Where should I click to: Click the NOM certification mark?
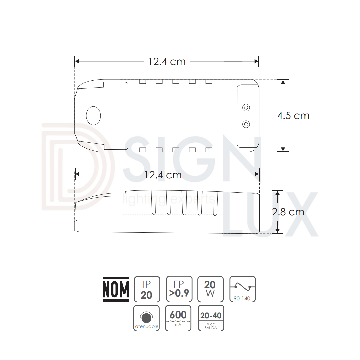pos(116,289)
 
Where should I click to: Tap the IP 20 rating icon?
pos(147,289)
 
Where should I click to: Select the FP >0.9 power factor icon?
pos(179,289)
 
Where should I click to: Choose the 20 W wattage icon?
pos(210,289)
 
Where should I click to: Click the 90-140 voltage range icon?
pos(242,289)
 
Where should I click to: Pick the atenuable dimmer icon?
pos(146,318)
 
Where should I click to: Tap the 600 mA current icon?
pos(178,318)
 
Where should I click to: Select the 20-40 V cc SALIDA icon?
pos(211,318)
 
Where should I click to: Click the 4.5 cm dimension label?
pos(293,115)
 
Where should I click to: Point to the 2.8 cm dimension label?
pos(288,212)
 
